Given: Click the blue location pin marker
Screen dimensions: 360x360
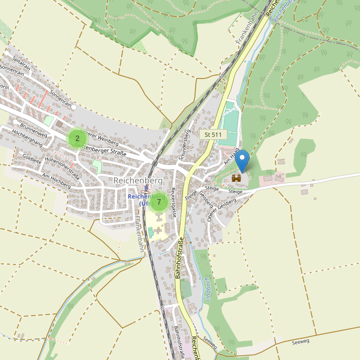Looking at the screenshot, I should coord(242,161).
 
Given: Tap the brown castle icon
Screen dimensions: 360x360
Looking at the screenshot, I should coord(236,178).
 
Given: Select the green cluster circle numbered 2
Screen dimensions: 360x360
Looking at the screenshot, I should coord(77,138).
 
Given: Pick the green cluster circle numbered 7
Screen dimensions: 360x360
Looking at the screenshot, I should coord(159,202).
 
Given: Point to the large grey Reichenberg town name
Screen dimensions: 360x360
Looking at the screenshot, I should coord(138,181).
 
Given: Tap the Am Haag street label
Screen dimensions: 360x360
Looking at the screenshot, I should coord(232,158).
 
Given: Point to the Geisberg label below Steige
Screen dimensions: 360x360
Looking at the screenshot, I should coord(206,200).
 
